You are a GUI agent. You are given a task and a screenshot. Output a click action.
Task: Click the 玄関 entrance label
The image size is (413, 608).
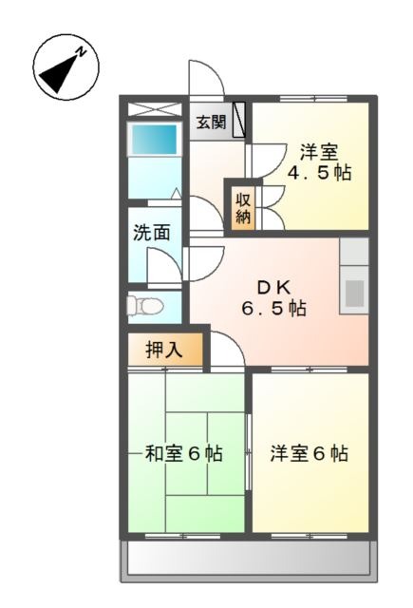pos(211,123)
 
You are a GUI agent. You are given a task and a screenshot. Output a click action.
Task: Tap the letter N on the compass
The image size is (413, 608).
pos(82,51)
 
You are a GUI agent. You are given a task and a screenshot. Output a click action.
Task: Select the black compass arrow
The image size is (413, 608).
pos(61,72)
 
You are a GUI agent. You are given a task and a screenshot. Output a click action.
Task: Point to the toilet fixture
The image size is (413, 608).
pos(144,306)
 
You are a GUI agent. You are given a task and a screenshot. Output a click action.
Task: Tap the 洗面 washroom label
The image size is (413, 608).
pos(152,233)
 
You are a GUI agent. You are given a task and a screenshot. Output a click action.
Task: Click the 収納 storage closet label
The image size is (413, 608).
pos(244,209)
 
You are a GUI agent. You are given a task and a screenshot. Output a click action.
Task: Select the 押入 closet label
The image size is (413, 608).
pos(164,351)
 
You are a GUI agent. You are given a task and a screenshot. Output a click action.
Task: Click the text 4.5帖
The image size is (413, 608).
pos(319,172)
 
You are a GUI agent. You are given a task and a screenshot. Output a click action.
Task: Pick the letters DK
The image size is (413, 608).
pos(274,288)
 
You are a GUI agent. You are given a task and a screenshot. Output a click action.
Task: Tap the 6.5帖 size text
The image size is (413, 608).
pos(274,308)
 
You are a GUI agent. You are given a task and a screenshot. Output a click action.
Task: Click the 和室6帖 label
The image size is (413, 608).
pos(183,453)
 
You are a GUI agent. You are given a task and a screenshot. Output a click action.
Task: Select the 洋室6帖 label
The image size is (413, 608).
pos(310,453)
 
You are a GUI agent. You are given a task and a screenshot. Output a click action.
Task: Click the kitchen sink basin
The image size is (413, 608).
pos(354,292)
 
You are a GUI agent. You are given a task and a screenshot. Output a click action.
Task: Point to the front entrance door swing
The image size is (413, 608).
pos(206,78)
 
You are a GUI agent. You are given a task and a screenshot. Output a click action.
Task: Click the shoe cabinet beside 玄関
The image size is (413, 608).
pos(239,120)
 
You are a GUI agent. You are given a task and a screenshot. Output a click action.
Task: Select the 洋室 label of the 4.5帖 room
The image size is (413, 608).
pos(319,152)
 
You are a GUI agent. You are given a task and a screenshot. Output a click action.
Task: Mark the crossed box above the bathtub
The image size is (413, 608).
pos(155,109)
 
